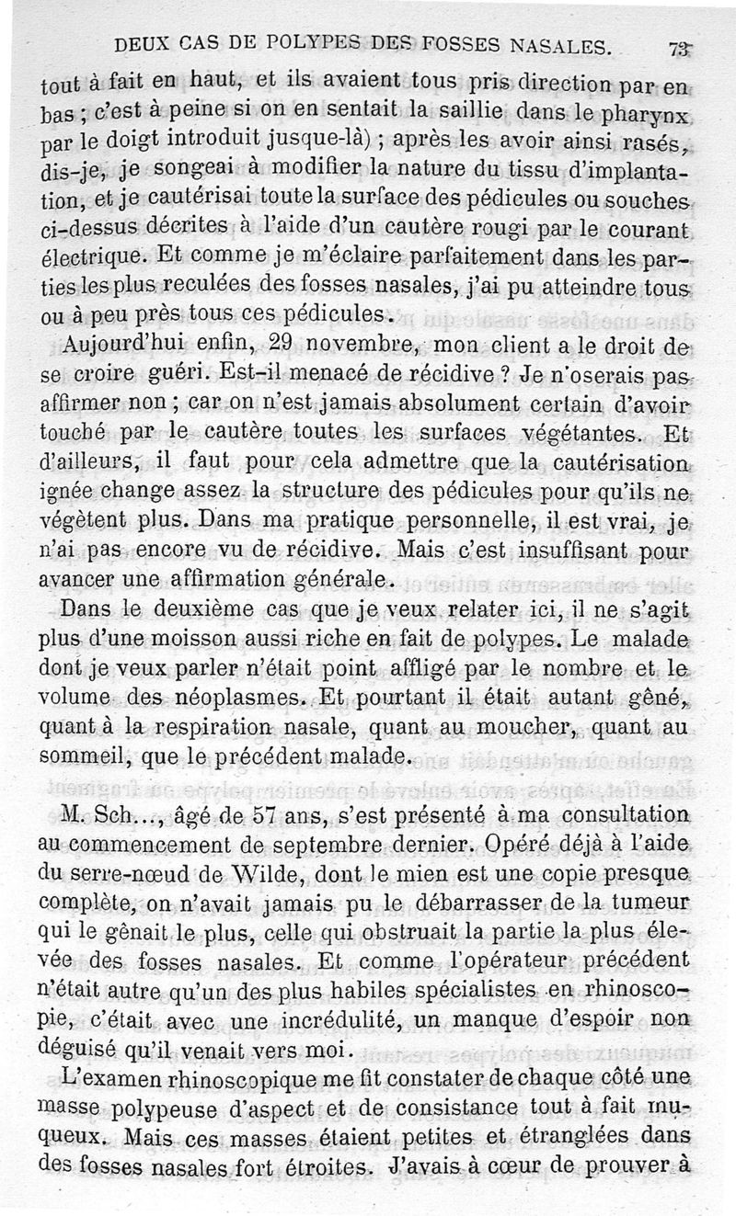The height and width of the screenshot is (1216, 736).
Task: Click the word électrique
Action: coord(96,254)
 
